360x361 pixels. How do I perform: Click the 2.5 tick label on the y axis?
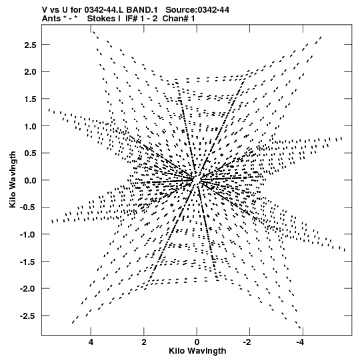(30, 45)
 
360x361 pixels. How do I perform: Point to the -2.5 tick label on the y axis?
(28, 316)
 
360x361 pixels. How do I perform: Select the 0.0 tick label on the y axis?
(30, 180)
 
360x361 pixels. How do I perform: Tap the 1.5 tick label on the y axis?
(30, 99)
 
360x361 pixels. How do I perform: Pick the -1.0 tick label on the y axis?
(28, 235)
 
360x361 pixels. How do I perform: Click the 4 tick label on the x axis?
(91, 342)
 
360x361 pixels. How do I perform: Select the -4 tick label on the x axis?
(300, 342)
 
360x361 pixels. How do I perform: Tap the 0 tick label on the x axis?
(197, 342)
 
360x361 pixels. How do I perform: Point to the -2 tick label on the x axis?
(247, 342)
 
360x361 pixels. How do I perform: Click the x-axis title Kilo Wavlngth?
(197, 351)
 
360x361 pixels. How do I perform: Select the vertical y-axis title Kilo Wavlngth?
(13, 179)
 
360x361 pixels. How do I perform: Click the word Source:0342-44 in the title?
(197, 10)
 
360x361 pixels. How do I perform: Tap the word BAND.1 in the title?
(142, 10)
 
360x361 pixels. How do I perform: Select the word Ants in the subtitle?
(51, 19)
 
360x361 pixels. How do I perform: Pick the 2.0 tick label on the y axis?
(30, 72)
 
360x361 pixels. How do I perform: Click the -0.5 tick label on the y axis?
(28, 208)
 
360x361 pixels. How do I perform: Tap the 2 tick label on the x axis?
(144, 342)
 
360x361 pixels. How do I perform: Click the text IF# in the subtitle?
(132, 19)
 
